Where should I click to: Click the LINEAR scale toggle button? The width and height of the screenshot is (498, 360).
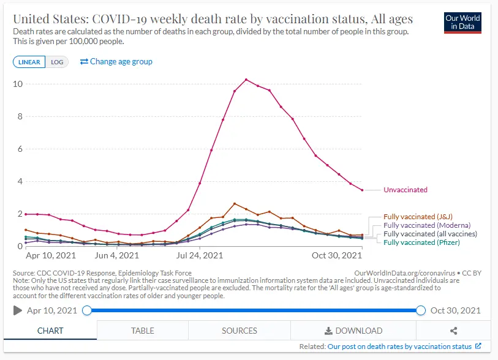tap(29, 62)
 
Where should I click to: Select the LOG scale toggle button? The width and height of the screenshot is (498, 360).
tap(57, 62)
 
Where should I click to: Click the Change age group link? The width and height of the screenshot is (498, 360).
tap(116, 61)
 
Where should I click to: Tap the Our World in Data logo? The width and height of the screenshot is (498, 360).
tap(462, 23)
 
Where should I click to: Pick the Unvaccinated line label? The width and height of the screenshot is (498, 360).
tap(405, 190)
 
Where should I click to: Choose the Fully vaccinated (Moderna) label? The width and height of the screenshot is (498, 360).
tap(422, 225)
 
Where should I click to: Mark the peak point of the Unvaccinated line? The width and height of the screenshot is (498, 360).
tap(246, 80)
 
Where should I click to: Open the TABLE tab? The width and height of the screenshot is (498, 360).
tap(142, 331)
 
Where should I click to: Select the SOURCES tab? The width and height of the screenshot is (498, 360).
tap(239, 331)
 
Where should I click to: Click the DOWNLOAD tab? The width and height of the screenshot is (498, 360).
tap(353, 331)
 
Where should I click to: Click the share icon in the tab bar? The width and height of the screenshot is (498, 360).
tap(453, 331)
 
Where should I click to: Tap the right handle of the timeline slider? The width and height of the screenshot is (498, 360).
tap(421, 310)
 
